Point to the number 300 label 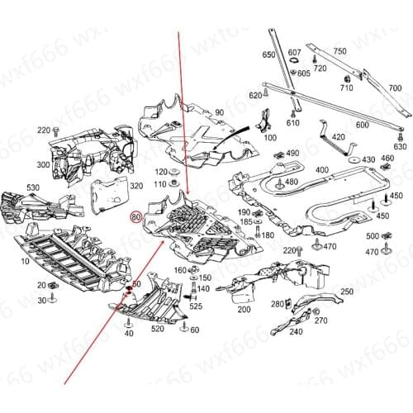click(x=43, y=165)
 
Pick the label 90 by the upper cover click(x=219, y=112)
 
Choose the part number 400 click(x=321, y=170)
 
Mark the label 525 click(x=196, y=306)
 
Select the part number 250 click(x=346, y=293)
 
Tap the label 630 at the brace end click(x=400, y=146)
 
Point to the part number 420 click(x=339, y=137)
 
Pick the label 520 click(x=158, y=330)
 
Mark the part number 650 click(x=268, y=55)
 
